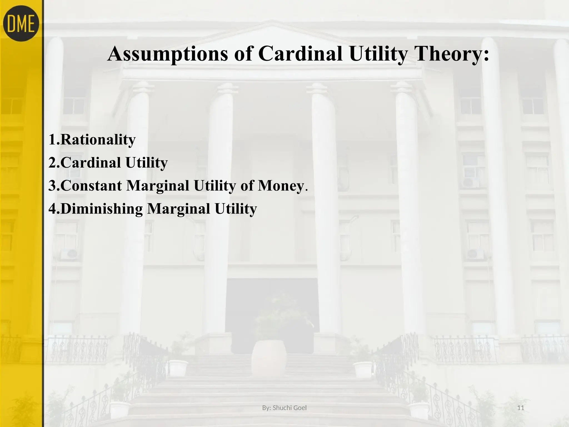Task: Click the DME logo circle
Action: point(21,23)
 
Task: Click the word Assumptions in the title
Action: point(167,54)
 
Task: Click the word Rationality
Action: point(98,140)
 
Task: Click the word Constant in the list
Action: point(91,186)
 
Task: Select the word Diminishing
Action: point(101,209)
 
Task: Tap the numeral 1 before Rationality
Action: point(52,140)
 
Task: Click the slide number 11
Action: point(521,408)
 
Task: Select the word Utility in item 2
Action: point(146,163)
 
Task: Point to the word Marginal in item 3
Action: point(158,186)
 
